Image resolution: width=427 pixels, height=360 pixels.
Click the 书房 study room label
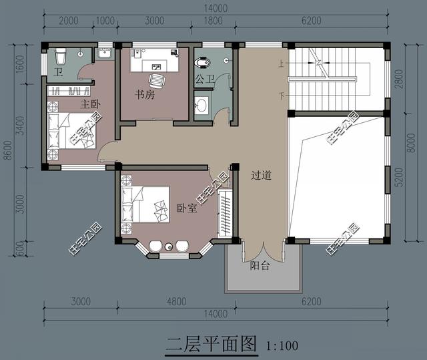tap(145, 95)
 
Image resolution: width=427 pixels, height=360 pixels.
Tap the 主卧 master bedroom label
tap(91, 104)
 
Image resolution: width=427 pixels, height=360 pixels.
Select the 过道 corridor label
tap(262, 175)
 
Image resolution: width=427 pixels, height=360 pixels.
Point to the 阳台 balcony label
tap(260, 265)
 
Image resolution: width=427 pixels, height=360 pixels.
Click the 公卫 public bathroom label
tap(205, 79)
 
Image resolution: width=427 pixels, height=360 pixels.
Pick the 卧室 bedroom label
tap(187, 208)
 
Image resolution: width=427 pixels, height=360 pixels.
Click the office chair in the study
tap(157, 81)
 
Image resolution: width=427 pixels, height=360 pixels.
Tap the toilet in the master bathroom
tap(61, 57)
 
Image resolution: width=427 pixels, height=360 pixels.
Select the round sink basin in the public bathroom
tap(201, 105)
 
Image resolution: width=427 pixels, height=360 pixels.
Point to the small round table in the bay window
tap(169, 247)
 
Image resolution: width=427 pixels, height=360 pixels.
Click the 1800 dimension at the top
tap(213, 21)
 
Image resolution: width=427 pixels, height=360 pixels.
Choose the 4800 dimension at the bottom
tap(177, 302)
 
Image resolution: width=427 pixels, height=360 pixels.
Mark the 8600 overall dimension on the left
tap(9, 150)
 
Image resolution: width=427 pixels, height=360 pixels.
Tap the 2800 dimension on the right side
tap(399, 79)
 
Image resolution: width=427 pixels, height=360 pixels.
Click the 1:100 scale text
tap(282, 345)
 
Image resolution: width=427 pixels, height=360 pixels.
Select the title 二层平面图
tap(211, 344)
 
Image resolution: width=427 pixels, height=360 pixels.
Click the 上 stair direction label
tap(281, 63)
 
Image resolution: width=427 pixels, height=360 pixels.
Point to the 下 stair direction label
tap(282, 96)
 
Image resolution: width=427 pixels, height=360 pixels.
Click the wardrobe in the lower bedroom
tap(225, 213)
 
